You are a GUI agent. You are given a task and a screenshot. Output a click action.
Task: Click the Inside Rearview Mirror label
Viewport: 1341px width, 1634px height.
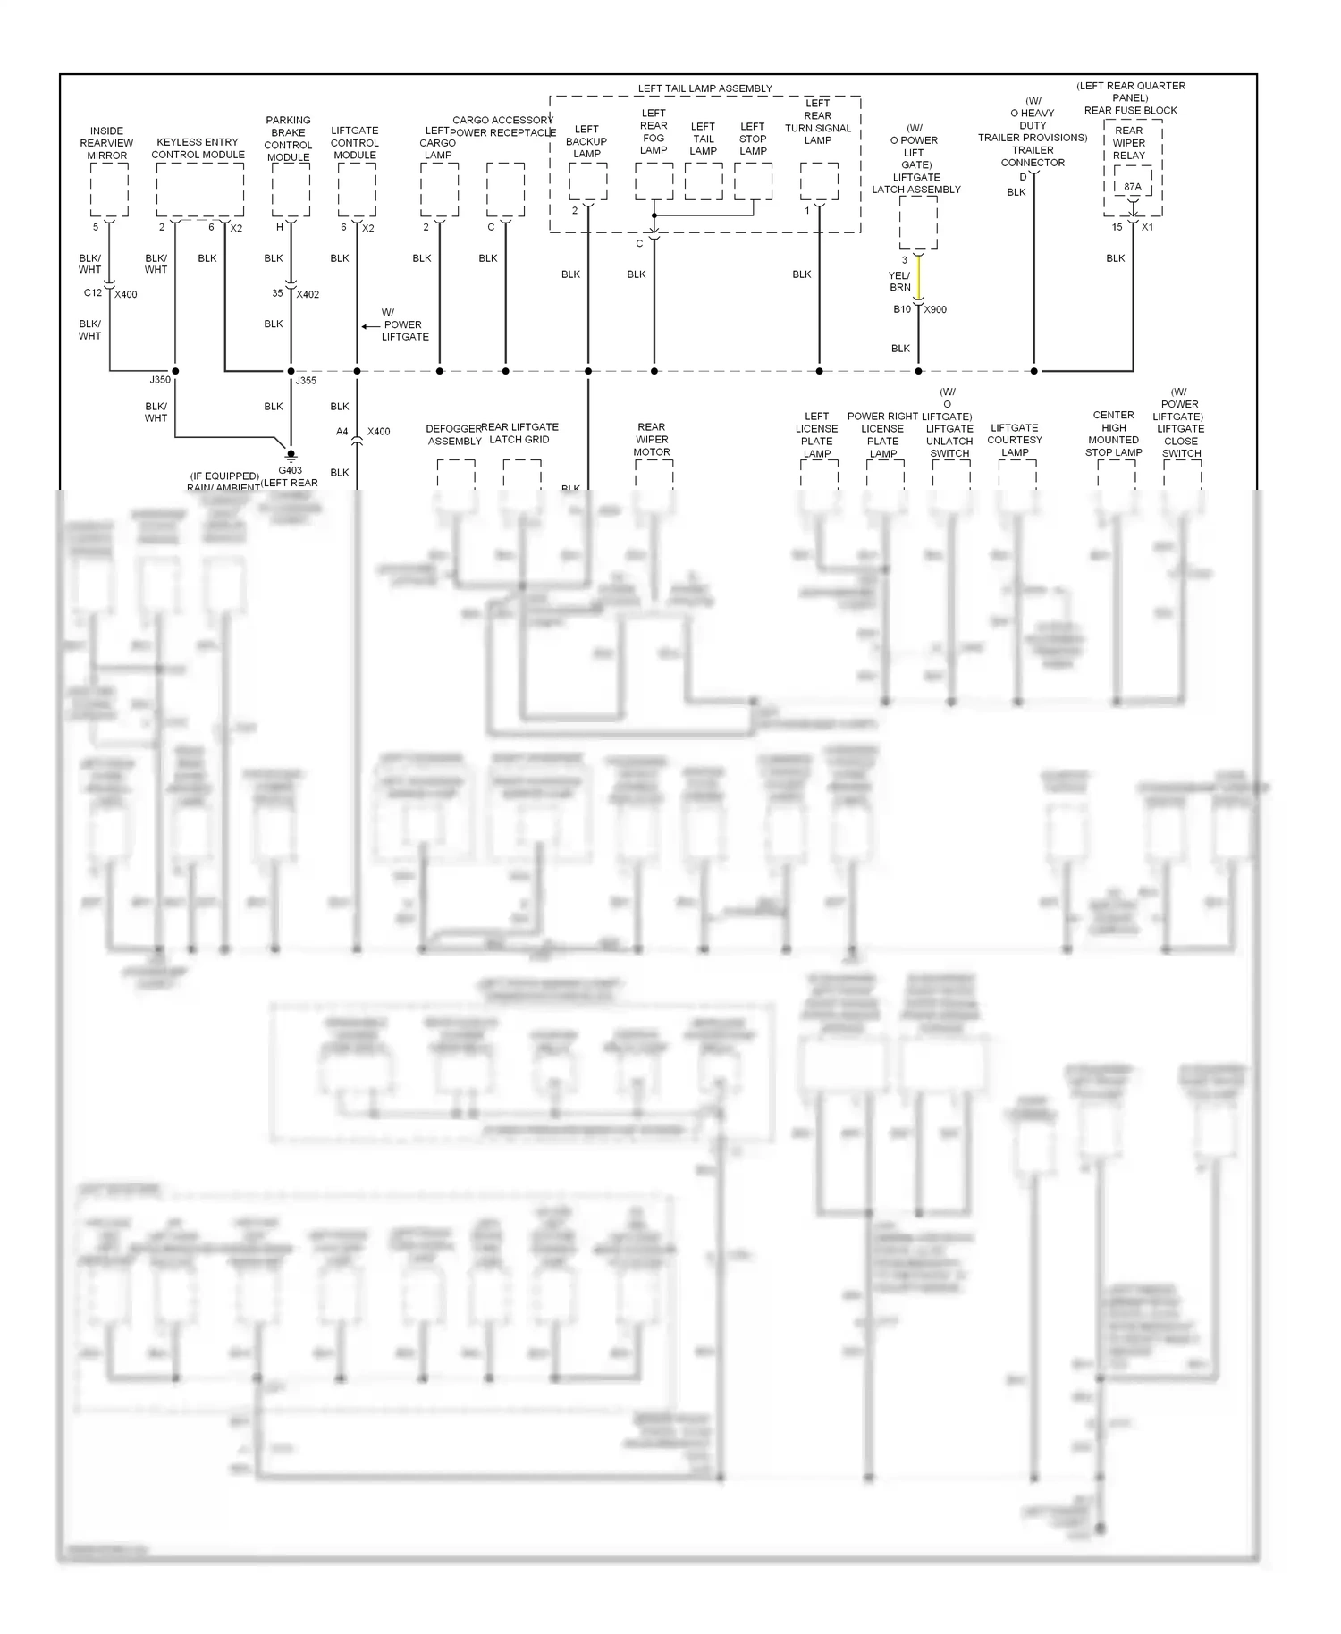pyautogui.click(x=106, y=143)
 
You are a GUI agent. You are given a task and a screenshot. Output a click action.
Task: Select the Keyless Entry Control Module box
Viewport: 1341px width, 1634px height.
pyautogui.click(x=199, y=190)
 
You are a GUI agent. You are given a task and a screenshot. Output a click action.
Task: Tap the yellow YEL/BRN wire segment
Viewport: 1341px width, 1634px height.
pyautogui.click(x=918, y=279)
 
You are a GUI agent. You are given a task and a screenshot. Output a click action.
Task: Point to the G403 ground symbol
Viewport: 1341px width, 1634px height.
pyautogui.click(x=290, y=455)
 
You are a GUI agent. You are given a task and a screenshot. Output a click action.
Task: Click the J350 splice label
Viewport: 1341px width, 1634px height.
pyautogui.click(x=160, y=380)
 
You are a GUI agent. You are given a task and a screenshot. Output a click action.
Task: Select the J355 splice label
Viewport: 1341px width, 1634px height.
pyautogui.click(x=307, y=380)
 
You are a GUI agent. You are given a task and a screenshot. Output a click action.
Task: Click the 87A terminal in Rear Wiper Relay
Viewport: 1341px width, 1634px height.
pyautogui.click(x=1132, y=187)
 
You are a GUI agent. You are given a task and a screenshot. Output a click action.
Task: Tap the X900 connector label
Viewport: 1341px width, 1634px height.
pyautogui.click(x=935, y=309)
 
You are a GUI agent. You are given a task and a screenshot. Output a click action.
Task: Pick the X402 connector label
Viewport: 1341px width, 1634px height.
pyautogui.click(x=308, y=294)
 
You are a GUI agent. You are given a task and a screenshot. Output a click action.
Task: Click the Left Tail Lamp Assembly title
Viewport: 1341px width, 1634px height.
pyautogui.click(x=704, y=88)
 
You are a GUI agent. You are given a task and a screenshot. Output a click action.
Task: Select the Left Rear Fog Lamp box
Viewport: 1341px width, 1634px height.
pyautogui.click(x=654, y=181)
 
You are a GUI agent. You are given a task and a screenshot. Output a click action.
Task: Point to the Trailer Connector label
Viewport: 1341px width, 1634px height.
pyautogui.click(x=1033, y=156)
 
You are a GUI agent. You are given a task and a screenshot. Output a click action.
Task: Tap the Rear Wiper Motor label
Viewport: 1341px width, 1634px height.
pyautogui.click(x=652, y=439)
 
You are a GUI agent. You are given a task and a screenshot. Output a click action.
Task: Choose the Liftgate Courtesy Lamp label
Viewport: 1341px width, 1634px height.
pyautogui.click(x=1015, y=440)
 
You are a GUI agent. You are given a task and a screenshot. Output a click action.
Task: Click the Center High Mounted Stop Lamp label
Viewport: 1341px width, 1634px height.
pyautogui.click(x=1114, y=434)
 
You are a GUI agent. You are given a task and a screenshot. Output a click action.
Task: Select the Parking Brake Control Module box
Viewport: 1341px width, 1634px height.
pyautogui.click(x=290, y=190)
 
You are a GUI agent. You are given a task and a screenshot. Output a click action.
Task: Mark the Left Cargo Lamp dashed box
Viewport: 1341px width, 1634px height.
pyautogui.click(x=439, y=190)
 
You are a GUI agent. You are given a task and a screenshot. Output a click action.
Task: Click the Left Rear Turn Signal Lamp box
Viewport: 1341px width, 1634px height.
pyautogui.click(x=819, y=181)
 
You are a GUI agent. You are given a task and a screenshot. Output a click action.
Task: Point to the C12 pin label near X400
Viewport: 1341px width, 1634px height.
pyautogui.click(x=93, y=293)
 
